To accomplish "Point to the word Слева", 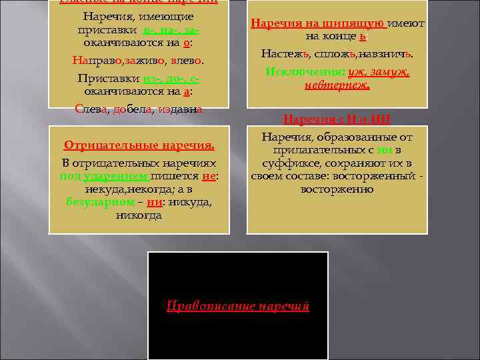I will click(89, 109).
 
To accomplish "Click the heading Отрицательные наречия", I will click(139, 145).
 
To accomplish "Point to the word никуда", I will click(189, 202).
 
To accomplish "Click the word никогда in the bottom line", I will click(139, 215).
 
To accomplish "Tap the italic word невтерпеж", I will click(337, 85).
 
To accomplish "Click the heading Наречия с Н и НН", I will click(337, 119).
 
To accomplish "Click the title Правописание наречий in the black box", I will click(238, 306).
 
